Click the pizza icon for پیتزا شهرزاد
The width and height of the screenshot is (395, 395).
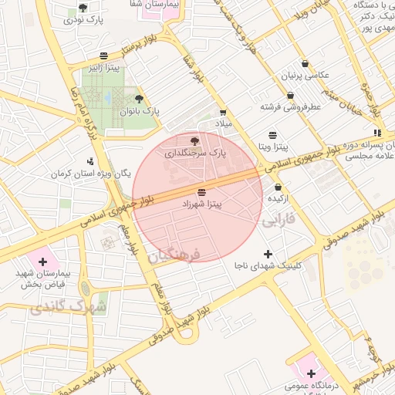pyautogui.click(x=201, y=191)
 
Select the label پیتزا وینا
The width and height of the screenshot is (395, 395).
pyautogui.click(x=273, y=146)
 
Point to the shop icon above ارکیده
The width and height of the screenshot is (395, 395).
pyautogui.click(x=278, y=187)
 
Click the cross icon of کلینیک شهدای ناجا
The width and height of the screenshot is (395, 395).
pyautogui.click(x=268, y=254)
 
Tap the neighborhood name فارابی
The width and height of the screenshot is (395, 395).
pyautogui.click(x=279, y=221)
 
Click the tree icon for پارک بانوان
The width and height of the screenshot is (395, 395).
pyautogui.click(x=139, y=99)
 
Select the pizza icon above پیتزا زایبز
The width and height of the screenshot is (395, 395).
pyautogui.click(x=103, y=56)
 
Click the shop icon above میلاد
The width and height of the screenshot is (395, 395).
pyautogui.click(x=223, y=113)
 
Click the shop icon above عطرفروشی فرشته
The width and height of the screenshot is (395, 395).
pyautogui.click(x=290, y=96)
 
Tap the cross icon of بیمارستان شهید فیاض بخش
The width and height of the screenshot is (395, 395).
pyautogui.click(x=42, y=262)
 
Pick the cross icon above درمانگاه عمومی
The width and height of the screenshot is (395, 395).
pyautogui.click(x=310, y=373)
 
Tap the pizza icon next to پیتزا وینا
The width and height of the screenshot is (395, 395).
pyautogui.click(x=273, y=134)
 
